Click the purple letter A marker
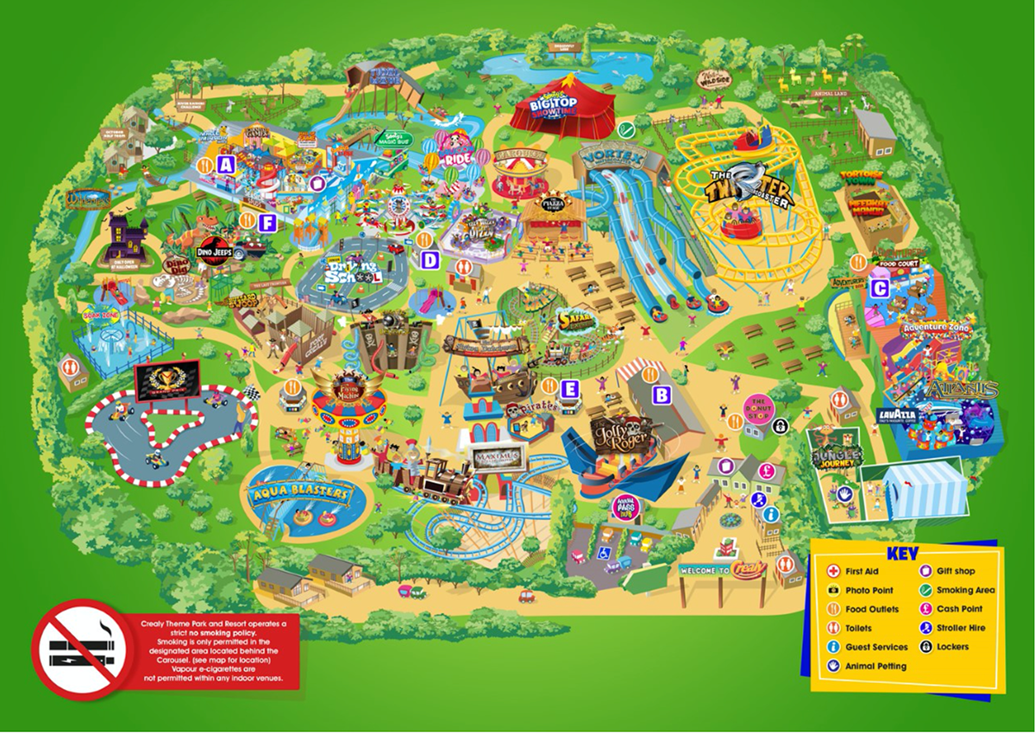click(227, 164)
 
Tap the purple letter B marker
click(662, 395)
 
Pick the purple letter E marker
click(568, 389)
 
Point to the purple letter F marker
click(267, 222)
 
